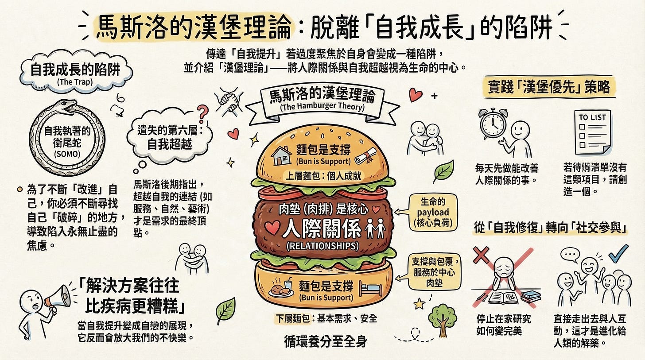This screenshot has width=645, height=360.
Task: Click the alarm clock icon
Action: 493,124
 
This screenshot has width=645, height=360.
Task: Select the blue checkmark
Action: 618,253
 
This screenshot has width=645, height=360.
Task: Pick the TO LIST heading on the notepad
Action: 592,118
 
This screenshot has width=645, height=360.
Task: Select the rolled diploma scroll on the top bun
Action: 365,155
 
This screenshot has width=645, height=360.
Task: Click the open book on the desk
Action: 503,295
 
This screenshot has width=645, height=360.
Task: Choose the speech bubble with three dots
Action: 570,255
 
